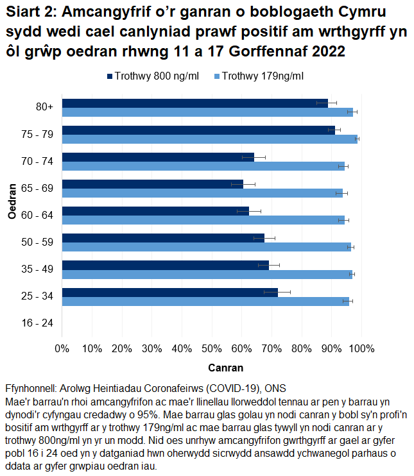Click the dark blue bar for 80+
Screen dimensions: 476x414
[x=193, y=103]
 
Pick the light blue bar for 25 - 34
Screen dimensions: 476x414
[x=205, y=302]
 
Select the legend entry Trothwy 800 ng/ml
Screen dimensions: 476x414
[x=152, y=76]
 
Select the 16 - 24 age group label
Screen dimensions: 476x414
[x=37, y=323]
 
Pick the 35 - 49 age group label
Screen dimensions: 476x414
[x=37, y=269]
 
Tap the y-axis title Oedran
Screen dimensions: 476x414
[x=12, y=202]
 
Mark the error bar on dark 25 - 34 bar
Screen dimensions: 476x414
[x=277, y=292]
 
